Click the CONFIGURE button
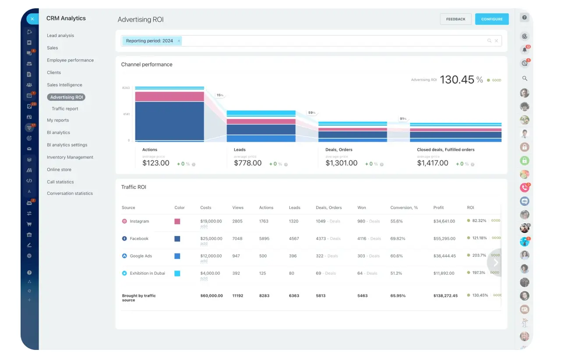(492, 19)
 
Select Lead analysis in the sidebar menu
(60, 35)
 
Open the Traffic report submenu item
(65, 109)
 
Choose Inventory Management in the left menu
(70, 157)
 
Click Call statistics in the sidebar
(60, 182)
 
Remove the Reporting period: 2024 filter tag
(179, 41)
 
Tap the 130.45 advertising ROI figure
(457, 80)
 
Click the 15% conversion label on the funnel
(220, 95)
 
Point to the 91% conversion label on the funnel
(403, 119)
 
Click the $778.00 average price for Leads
(248, 163)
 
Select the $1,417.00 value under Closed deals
(433, 163)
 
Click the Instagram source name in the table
(139, 221)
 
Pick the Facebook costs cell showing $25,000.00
(211, 239)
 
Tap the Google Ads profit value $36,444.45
(444, 256)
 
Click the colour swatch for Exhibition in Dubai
(177, 273)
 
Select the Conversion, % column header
(404, 208)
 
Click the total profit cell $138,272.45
(445, 296)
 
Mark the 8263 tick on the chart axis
(126, 88)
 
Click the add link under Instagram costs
(204, 226)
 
